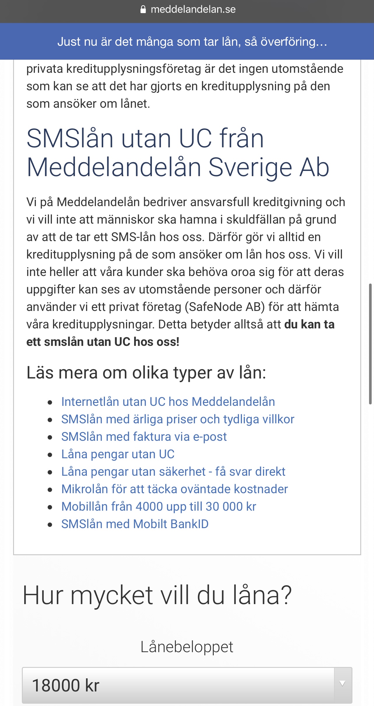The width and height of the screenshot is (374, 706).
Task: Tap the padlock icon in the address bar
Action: (143, 10)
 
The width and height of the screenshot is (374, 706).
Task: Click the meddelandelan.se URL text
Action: (193, 10)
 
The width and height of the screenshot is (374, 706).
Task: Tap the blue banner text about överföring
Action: (192, 42)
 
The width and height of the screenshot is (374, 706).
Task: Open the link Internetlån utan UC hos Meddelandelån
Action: (168, 402)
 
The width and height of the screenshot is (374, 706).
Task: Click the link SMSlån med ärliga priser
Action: (178, 419)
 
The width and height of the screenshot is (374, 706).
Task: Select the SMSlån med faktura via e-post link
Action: (144, 437)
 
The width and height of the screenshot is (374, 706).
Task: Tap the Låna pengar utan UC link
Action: (118, 454)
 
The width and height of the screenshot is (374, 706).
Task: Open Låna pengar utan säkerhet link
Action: (173, 472)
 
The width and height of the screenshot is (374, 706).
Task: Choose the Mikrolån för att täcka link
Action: (174, 489)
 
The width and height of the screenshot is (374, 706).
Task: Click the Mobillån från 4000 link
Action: (159, 507)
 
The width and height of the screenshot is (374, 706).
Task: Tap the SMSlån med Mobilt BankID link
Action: (135, 524)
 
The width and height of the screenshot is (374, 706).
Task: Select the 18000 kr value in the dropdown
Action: (66, 685)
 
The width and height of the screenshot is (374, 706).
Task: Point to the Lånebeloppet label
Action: (187, 647)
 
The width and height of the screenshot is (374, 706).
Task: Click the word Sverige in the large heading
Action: (250, 167)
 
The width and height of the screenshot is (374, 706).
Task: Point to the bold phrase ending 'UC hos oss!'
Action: (103, 342)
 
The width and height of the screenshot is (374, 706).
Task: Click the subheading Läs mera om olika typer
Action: (146, 373)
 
